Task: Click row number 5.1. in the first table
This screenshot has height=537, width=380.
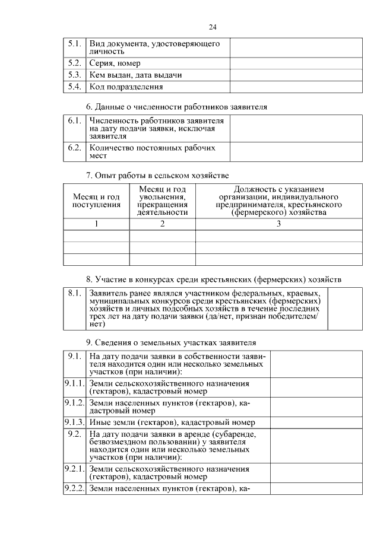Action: pos(74,44)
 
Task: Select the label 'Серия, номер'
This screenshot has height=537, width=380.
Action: pos(115,63)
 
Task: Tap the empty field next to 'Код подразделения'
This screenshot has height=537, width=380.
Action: pos(296,87)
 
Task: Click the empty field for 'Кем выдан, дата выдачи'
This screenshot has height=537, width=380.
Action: pos(296,75)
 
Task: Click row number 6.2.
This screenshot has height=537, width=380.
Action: pos(74,148)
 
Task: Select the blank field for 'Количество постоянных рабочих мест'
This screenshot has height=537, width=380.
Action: pos(296,152)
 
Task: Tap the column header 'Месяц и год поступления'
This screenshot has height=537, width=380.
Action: pos(96,201)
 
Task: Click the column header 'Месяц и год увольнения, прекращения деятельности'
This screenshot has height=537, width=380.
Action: pos(162,201)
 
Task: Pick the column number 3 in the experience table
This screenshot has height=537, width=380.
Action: pos(278,224)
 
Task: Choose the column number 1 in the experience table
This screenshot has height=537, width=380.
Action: pos(96,224)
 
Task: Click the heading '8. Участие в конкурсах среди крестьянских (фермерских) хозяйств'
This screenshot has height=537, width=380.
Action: pos(213,279)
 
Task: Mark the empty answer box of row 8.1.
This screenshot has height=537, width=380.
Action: pos(345,309)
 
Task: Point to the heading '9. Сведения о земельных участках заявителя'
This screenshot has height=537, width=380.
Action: pos(171,342)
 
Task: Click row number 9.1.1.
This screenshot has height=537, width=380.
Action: pos(75,383)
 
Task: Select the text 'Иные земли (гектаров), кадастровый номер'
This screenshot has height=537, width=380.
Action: pos(172,422)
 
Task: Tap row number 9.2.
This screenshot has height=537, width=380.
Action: pos(74,434)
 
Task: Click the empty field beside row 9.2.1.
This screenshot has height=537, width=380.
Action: pos(316,473)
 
